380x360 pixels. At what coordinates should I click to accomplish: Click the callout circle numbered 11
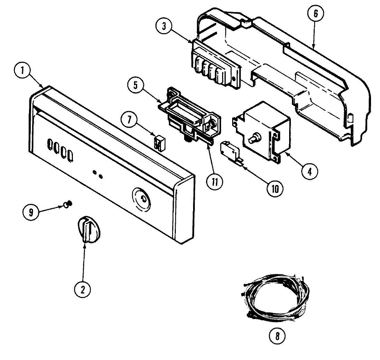[x=215, y=182]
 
